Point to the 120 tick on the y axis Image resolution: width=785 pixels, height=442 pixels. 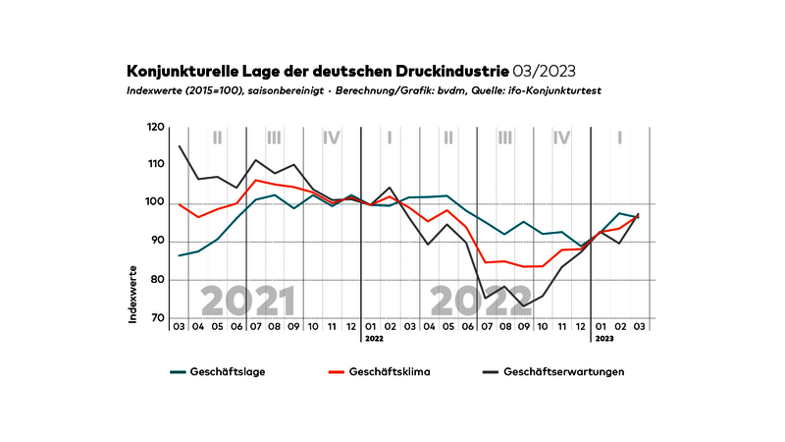tap(155, 128)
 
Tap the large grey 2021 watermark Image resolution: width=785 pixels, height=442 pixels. tap(247, 299)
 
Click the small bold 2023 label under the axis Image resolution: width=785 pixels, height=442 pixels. tap(602, 338)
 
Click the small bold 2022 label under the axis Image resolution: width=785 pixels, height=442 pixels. tap(374, 338)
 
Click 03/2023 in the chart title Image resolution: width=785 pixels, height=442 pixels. tap(545, 72)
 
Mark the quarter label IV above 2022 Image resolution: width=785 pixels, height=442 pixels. tap(561, 138)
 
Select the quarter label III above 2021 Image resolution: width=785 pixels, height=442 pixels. tap(274, 138)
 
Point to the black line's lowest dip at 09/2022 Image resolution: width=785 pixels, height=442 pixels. tap(525, 305)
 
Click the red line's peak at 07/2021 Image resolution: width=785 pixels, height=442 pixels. tap(255, 180)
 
